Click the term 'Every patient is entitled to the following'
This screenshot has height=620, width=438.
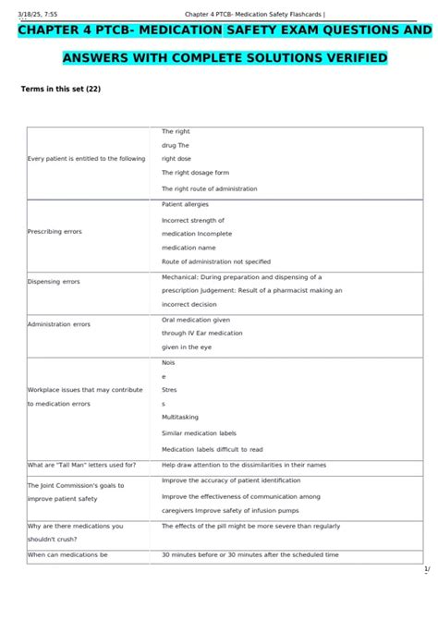point(86,159)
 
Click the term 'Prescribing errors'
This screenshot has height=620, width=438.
point(55,231)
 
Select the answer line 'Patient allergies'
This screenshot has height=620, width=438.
point(185,203)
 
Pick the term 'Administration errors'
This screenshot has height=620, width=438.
point(58,324)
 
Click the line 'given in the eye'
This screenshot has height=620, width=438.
point(186,346)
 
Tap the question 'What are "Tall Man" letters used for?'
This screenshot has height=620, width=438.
point(82,465)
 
